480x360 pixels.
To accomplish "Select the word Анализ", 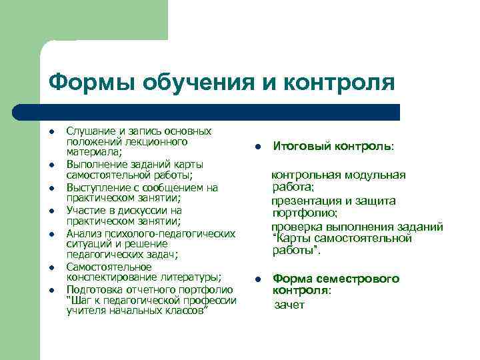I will click(x=83, y=233).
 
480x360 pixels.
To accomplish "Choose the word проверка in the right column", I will click(x=294, y=226).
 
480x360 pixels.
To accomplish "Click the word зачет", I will click(x=290, y=305).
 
